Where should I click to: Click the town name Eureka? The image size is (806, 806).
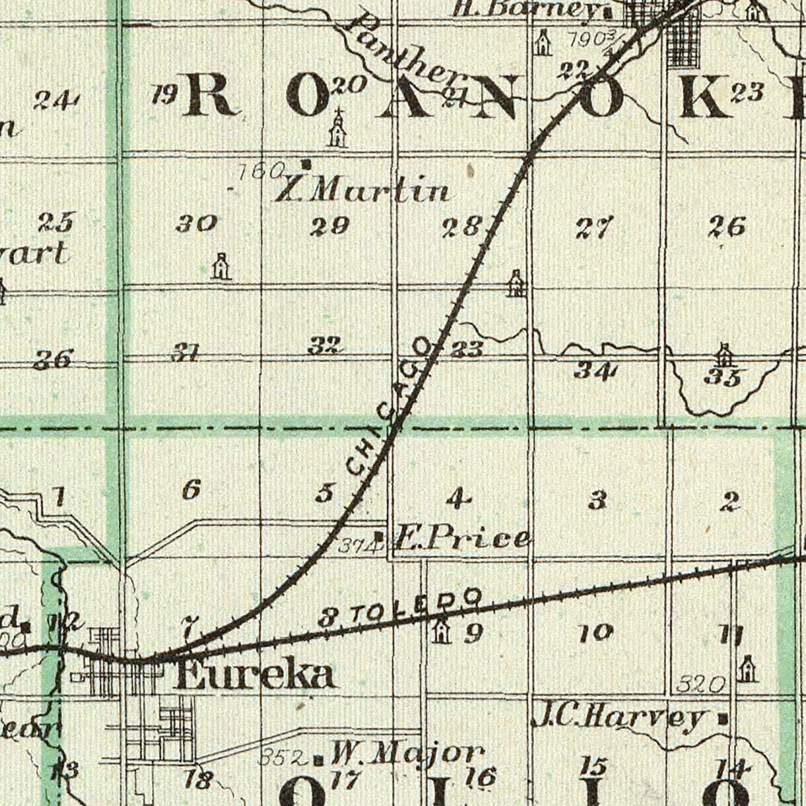pyautogui.click(x=256, y=675)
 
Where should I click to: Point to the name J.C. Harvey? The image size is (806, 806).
pyautogui.click(x=618, y=717)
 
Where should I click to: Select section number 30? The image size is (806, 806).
pyautogui.click(x=196, y=223)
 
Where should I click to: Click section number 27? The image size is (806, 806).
pyautogui.click(x=593, y=228)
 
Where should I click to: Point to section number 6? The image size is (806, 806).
pyautogui.click(x=191, y=489)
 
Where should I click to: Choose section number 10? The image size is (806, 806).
pyautogui.click(x=596, y=633)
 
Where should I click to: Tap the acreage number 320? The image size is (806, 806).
pyautogui.click(x=701, y=685)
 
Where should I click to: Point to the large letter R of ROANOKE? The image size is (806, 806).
pyautogui.click(x=210, y=94)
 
